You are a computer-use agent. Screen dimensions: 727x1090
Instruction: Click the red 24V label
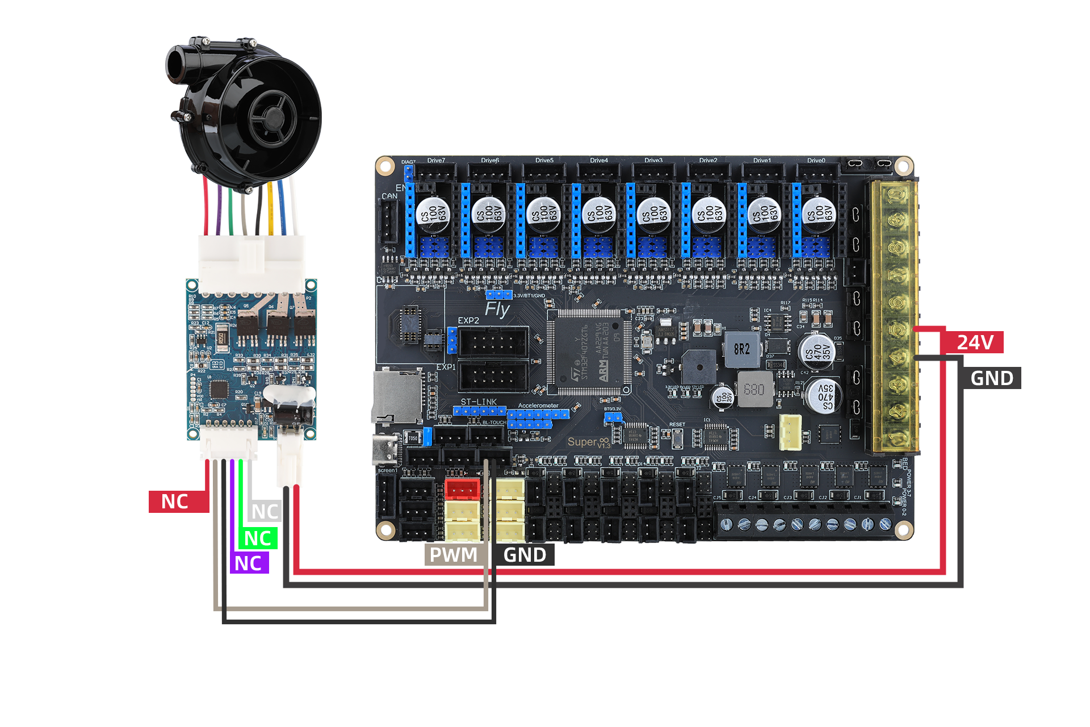click(974, 342)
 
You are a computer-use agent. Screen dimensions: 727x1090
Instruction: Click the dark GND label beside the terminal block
click(991, 378)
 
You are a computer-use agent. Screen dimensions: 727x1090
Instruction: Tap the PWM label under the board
click(453, 555)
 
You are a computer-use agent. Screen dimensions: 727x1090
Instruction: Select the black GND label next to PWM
click(524, 555)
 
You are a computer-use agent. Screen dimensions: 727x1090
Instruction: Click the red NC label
click(175, 502)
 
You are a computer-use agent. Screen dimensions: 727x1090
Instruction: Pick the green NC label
click(258, 538)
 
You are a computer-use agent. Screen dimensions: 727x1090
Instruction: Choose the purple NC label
click(248, 563)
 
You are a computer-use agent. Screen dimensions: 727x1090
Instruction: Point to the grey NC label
click(265, 511)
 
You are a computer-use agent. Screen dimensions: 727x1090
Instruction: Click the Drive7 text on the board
click(436, 161)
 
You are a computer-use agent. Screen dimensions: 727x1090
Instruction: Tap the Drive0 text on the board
click(816, 161)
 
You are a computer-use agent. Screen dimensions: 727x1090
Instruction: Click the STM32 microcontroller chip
click(589, 353)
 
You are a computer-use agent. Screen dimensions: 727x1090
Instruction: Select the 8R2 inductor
click(741, 349)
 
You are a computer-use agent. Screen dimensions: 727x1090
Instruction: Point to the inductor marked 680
click(754, 390)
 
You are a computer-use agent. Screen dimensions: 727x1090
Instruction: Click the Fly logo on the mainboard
click(497, 310)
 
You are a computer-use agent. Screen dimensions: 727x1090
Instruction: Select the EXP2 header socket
click(493, 342)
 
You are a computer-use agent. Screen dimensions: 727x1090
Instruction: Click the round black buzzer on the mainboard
click(699, 367)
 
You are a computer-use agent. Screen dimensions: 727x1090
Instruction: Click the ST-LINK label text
click(478, 402)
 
